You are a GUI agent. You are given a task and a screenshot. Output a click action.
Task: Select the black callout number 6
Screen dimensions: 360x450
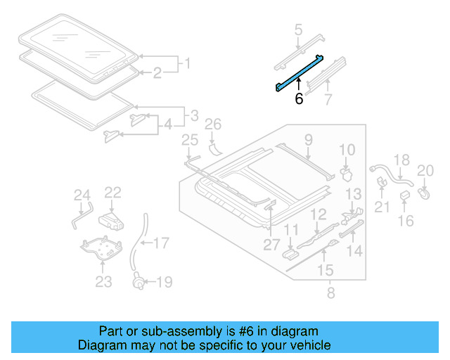(299, 99)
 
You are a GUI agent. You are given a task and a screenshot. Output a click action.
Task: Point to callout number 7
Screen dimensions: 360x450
(327, 99)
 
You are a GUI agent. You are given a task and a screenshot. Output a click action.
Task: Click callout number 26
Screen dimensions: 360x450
(212, 126)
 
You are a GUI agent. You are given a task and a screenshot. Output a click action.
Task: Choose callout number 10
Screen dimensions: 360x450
(348, 150)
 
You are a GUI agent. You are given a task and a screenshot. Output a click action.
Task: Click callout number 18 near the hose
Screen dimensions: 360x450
(400, 160)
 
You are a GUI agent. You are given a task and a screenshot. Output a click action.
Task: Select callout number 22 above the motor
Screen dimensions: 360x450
(113, 193)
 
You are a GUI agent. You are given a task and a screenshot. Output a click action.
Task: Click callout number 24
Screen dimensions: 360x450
(82, 195)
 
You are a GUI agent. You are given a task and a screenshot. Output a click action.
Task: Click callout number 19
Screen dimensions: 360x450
(164, 283)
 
